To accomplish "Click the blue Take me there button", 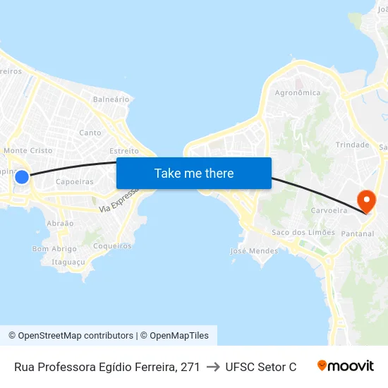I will point(194,174).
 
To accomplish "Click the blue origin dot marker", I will point(22,177).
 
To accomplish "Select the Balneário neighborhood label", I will point(111,99).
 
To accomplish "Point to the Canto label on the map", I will point(90,133).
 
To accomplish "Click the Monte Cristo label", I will point(28,151).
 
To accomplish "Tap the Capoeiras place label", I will point(75,181).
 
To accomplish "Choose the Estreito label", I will point(124,151).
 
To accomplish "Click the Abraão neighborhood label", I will point(60,223).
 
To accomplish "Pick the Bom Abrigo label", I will point(54,249).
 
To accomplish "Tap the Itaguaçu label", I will point(68,262).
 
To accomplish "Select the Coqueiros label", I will point(113,246).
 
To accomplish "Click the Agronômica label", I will point(298,93).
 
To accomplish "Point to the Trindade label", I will point(353,145).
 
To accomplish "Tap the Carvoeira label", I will point(328,211).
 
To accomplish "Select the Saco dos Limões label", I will point(303,233).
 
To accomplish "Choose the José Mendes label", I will point(255,250).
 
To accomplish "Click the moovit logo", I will point(346,366).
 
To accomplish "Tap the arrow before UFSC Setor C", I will point(212,367).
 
